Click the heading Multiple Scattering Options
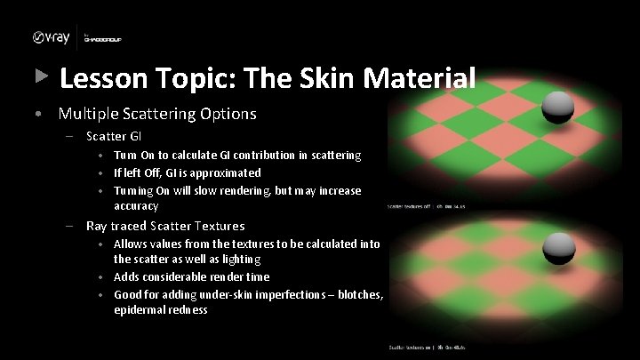(157, 114)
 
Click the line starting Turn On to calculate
(236, 155)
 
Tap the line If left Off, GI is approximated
(187, 172)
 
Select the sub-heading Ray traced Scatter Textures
(165, 226)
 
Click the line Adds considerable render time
(191, 276)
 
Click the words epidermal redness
(160, 309)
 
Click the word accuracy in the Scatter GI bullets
(136, 205)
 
